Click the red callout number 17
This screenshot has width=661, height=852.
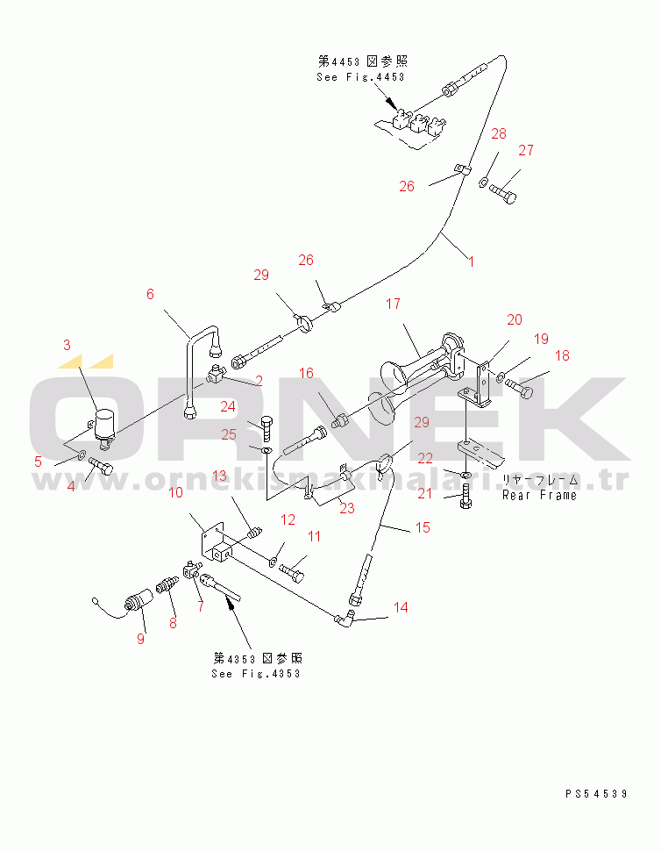(393, 304)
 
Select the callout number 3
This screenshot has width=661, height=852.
(67, 345)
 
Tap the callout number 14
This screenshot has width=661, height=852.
(400, 607)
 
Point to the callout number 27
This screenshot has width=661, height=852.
(525, 150)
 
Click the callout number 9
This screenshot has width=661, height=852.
(140, 638)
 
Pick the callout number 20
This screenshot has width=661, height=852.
(514, 319)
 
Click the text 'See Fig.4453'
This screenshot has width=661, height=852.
(360, 77)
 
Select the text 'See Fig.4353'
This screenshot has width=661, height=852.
(255, 673)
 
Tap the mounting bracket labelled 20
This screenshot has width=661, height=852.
(480, 383)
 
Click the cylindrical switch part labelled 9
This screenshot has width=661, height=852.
(138, 605)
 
